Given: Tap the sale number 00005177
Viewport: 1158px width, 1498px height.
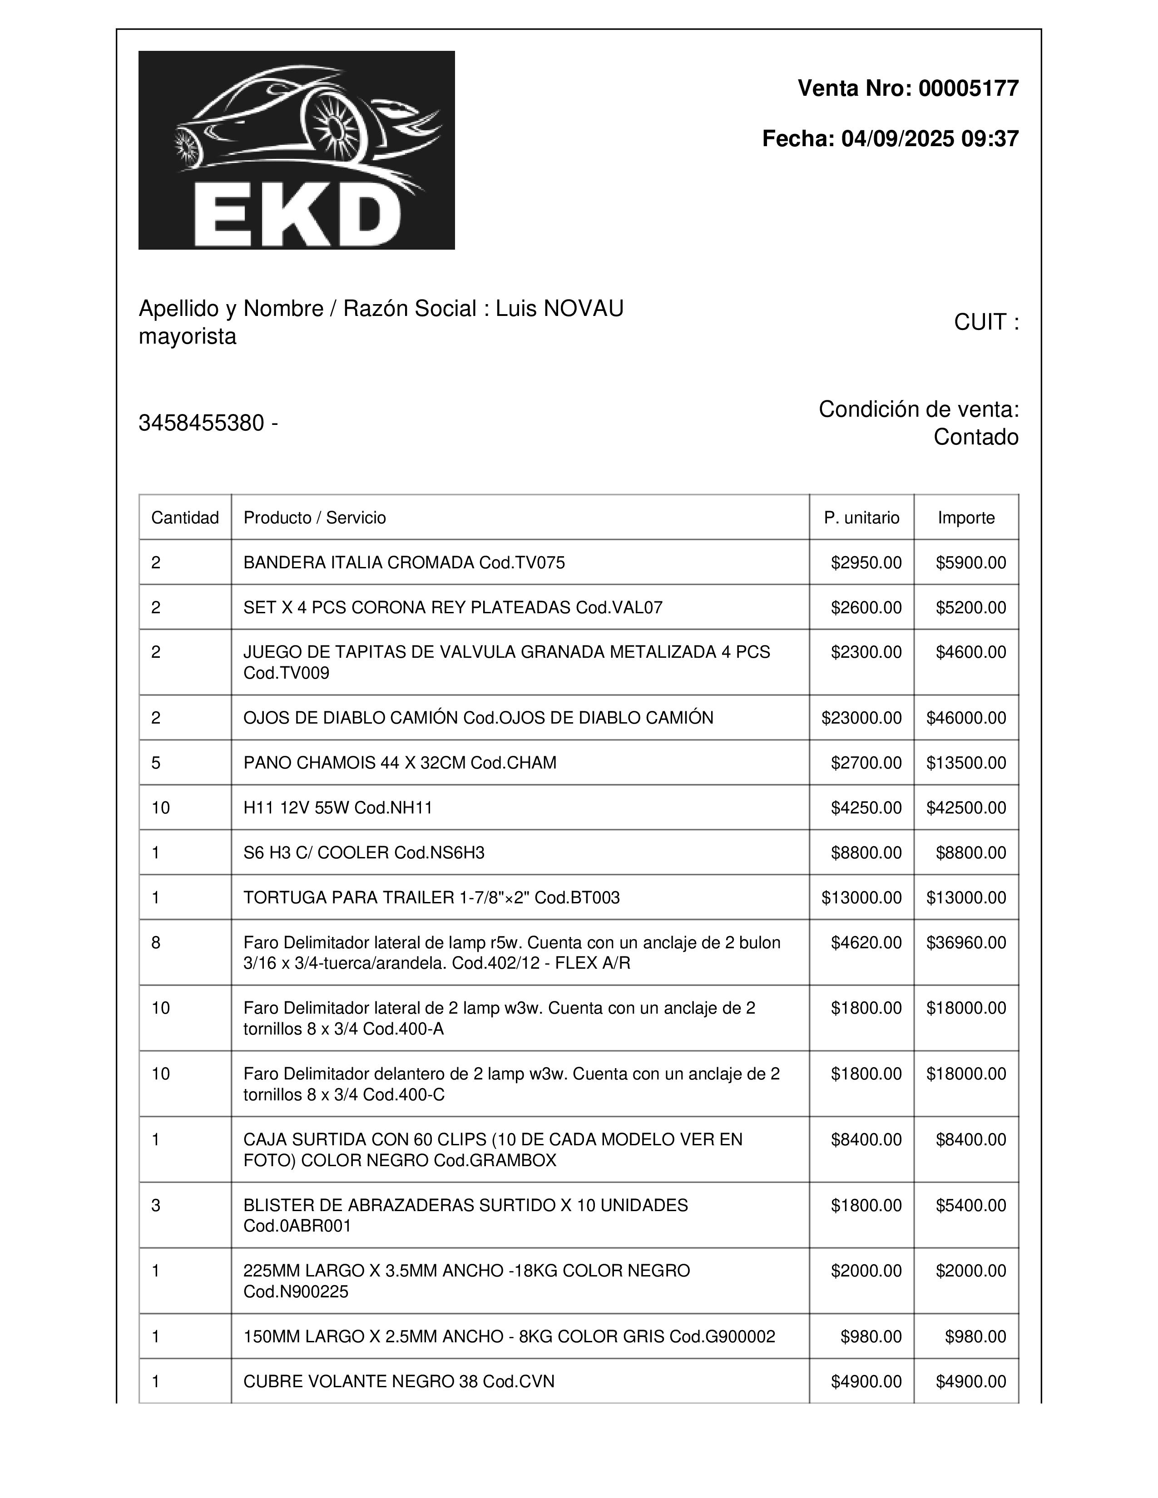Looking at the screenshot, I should [x=968, y=89].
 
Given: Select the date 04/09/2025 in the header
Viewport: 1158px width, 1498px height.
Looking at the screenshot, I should [x=897, y=138].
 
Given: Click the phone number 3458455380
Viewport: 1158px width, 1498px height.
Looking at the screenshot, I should [x=202, y=423].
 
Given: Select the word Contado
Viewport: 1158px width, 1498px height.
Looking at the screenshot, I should [x=975, y=437].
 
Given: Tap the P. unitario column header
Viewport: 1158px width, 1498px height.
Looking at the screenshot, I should [x=861, y=518].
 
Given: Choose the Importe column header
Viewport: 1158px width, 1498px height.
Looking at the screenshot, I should [x=966, y=518].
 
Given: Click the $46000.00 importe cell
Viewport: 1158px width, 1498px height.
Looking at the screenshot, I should [x=966, y=718].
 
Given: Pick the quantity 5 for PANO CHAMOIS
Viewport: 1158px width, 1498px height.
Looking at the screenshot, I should [x=156, y=763].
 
